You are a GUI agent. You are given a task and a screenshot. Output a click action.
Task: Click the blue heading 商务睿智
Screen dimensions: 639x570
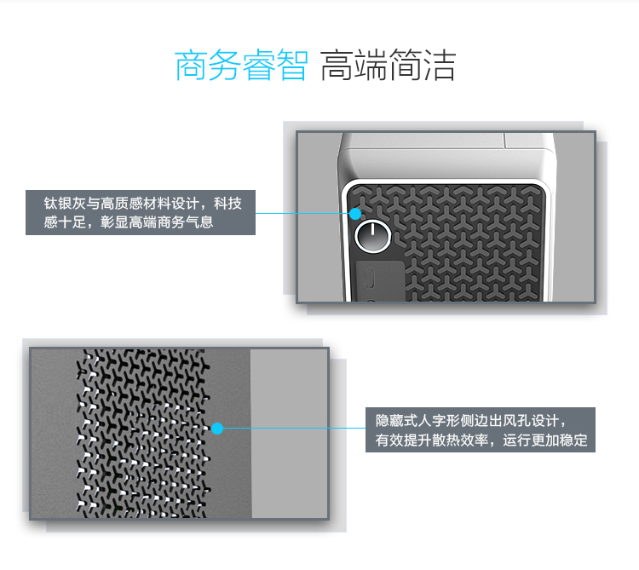click(x=241, y=66)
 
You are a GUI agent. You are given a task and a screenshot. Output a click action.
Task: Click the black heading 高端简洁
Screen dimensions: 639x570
click(x=388, y=66)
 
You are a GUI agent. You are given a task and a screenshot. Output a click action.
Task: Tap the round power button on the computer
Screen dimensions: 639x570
click(x=373, y=236)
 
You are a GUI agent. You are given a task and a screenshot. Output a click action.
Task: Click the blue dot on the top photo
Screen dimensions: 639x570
click(x=355, y=214)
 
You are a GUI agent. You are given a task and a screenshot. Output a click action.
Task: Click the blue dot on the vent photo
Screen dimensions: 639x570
click(x=217, y=429)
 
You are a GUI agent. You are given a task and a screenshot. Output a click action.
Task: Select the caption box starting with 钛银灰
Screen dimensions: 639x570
click(x=141, y=212)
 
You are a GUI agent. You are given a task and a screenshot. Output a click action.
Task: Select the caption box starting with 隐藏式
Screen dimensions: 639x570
click(x=481, y=429)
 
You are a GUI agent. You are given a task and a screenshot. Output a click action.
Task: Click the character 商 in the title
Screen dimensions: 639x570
click(x=191, y=66)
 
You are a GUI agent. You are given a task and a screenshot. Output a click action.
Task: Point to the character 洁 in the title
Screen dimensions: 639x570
click(x=440, y=66)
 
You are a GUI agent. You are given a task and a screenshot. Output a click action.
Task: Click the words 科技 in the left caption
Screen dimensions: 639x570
click(x=228, y=204)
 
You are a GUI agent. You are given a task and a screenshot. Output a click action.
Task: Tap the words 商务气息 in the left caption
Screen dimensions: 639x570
click(x=186, y=222)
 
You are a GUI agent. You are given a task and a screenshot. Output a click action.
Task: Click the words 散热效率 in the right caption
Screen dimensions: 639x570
click(x=460, y=440)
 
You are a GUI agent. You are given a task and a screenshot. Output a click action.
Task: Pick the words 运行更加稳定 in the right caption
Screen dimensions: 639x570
click(x=545, y=440)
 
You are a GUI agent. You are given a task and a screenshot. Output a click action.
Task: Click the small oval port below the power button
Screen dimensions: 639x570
click(x=370, y=278)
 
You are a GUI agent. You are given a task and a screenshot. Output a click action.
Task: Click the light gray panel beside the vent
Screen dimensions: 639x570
click(x=290, y=434)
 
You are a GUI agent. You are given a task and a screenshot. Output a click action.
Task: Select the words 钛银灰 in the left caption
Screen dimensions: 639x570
click(x=65, y=204)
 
